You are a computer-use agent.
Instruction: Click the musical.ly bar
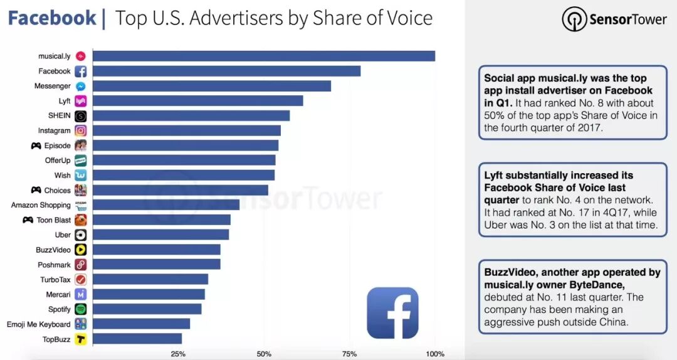[x=263, y=56]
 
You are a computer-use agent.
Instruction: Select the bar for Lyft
[x=197, y=101]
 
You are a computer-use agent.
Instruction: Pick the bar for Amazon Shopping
[x=165, y=205]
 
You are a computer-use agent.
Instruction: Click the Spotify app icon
[x=80, y=309]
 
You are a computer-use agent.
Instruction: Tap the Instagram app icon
[x=80, y=130]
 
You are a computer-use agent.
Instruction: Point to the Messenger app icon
[x=80, y=86]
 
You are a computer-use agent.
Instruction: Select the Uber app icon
[x=80, y=235]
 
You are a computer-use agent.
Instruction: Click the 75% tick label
[x=350, y=354]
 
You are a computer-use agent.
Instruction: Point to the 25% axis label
[x=178, y=354]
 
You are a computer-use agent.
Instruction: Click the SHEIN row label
[x=59, y=116]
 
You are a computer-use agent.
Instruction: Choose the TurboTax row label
[x=55, y=280]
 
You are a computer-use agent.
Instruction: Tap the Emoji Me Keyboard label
[x=38, y=324]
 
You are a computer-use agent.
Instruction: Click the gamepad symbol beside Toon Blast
[x=28, y=220]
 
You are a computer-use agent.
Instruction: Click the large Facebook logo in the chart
[x=392, y=313]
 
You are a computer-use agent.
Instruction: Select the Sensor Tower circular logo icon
[x=574, y=19]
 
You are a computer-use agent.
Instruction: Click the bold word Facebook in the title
[x=52, y=18]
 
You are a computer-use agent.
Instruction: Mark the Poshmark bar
[x=156, y=265]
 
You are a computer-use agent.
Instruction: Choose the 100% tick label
[x=434, y=354]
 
